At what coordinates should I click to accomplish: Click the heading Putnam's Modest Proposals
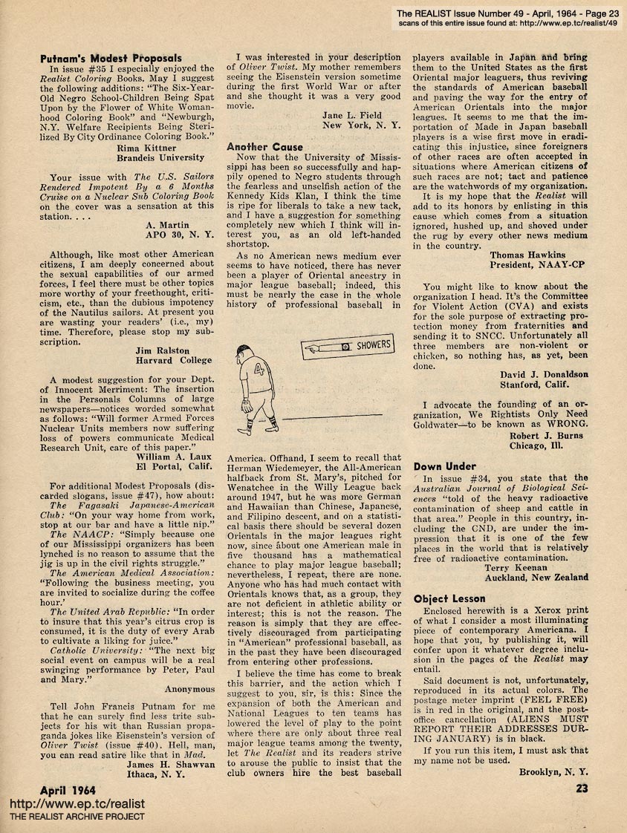pyautogui.click(x=110, y=58)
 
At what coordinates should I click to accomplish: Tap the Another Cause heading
pyautogui.click(x=265, y=147)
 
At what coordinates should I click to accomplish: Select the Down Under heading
pyautogui.click(x=445, y=466)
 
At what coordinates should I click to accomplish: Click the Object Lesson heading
pyautogui.click(x=449, y=598)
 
